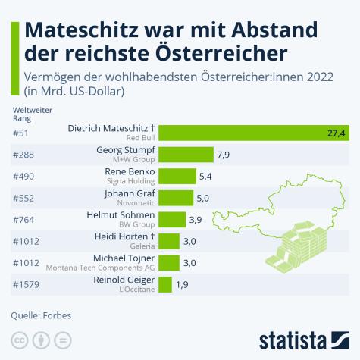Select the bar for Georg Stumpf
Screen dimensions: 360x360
pos(186,155)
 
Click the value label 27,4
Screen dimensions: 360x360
pos(337,133)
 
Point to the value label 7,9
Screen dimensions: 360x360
pos(224,155)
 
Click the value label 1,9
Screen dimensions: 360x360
pos(182,285)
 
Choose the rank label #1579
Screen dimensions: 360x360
pos(27,285)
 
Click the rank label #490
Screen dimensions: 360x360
pos(25,177)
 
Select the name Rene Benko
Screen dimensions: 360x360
pos(130,172)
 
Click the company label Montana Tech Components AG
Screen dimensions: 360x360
pos(101,268)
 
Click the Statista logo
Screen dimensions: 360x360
pos(303,338)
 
